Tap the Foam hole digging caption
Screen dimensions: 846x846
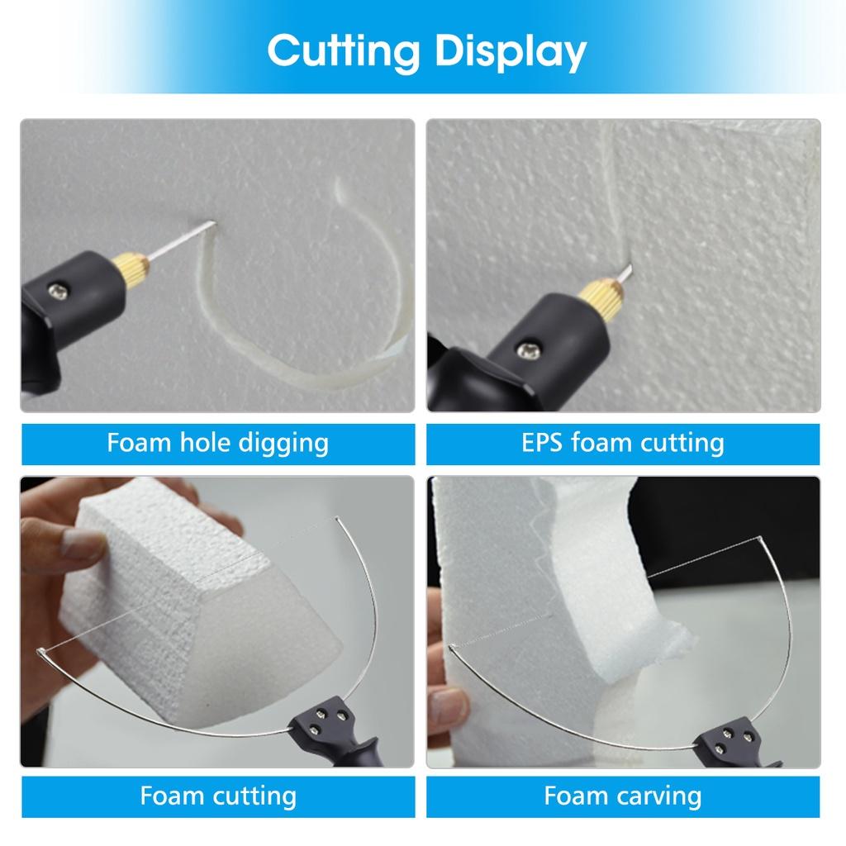click(217, 443)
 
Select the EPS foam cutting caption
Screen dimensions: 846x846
click(623, 443)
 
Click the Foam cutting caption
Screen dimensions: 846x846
click(217, 796)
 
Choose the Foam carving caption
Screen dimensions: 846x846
click(623, 796)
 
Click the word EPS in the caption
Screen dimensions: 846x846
click(541, 443)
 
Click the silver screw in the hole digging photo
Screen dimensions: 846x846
click(59, 291)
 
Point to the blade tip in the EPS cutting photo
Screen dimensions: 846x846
click(626, 269)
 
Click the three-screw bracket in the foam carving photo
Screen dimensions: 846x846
click(730, 738)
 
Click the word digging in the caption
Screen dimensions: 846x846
click(283, 443)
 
